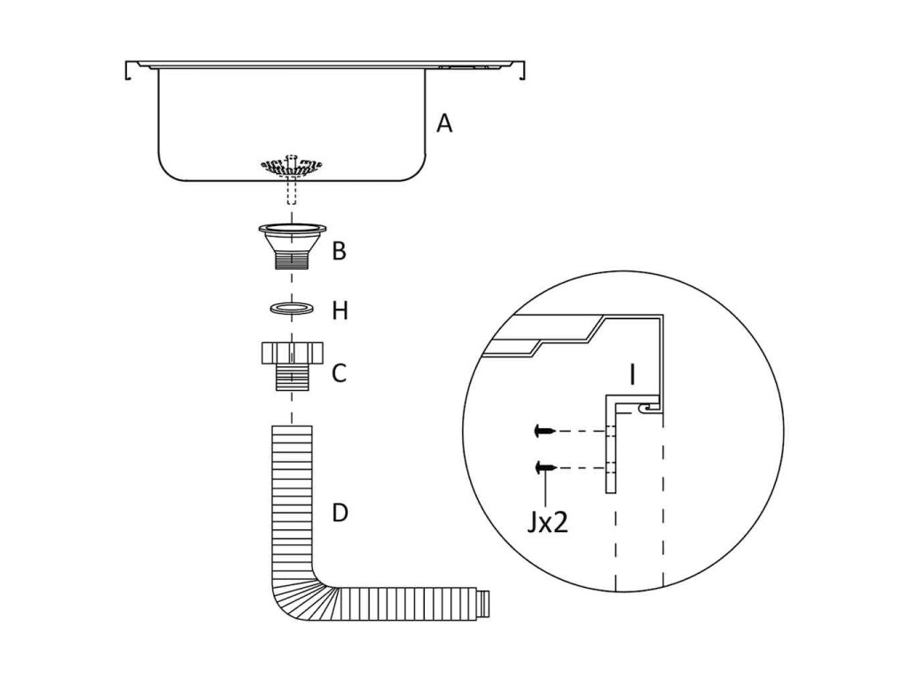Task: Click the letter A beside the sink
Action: tap(444, 123)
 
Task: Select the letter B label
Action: tap(339, 251)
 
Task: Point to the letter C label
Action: tap(339, 373)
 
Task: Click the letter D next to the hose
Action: tap(340, 513)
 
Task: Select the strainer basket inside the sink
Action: tap(292, 165)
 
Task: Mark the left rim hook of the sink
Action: tap(131, 69)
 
